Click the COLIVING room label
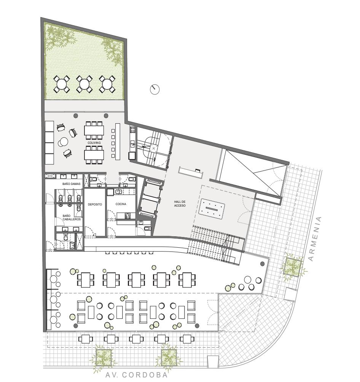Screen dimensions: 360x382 point(94,143)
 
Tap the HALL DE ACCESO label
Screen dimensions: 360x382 point(180,204)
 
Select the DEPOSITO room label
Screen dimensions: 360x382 point(95,204)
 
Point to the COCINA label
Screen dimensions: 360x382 point(121,204)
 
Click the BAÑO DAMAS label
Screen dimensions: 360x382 point(72,184)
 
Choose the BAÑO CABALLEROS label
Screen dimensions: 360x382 point(72,217)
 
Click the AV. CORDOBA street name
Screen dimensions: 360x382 point(137,375)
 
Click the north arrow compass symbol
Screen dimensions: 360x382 point(155,89)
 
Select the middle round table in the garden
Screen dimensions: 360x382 point(84,84)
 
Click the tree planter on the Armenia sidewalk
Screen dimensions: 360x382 point(293,267)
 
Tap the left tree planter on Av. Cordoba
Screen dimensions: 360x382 point(104,358)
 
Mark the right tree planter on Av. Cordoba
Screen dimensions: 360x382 point(169,358)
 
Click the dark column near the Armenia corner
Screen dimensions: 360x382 point(263,264)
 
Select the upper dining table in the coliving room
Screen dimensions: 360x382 point(94,131)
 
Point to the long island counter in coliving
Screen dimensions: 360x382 point(118,142)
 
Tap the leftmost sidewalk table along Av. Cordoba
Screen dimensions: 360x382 point(85,339)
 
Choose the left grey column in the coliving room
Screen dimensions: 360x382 point(76,116)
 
